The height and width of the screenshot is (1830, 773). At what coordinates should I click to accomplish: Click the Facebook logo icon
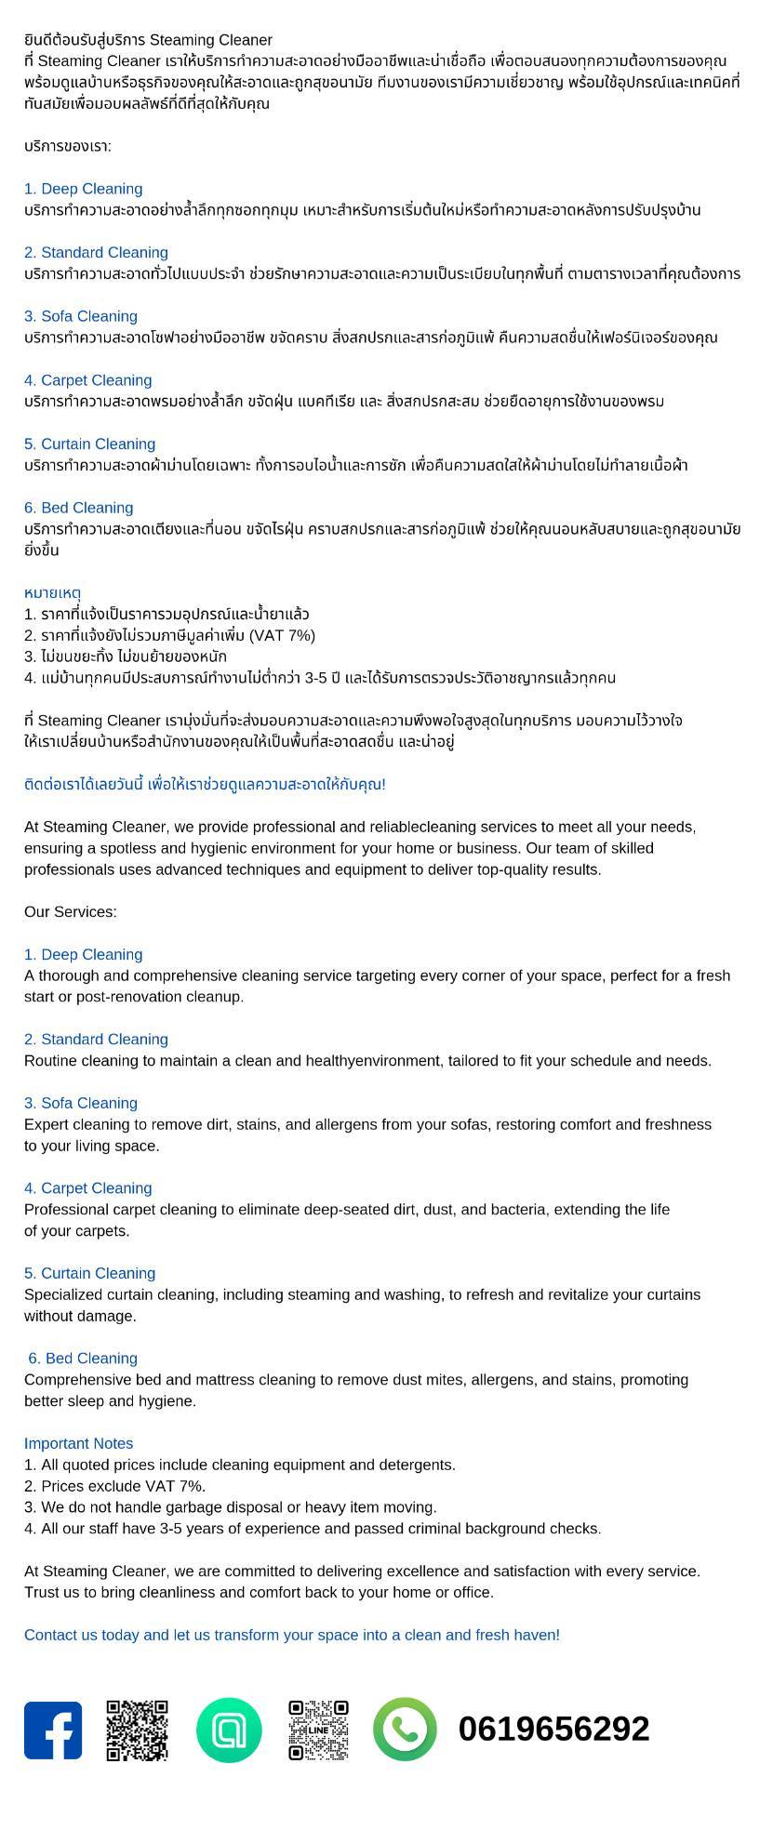[x=53, y=1730]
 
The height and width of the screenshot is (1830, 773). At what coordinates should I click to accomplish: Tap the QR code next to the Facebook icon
[x=137, y=1730]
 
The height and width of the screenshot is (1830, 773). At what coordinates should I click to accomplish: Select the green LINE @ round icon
[x=229, y=1730]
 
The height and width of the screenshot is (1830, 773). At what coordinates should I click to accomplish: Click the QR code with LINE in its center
[x=318, y=1730]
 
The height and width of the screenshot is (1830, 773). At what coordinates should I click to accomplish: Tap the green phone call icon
[x=405, y=1730]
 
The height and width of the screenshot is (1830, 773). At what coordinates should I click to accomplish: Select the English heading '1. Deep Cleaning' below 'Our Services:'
[x=84, y=954]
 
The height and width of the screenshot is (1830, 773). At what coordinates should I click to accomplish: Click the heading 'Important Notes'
[x=79, y=1443]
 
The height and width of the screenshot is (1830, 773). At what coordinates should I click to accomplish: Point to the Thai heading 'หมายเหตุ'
[x=53, y=592]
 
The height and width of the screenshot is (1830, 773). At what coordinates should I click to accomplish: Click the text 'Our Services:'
[x=71, y=911]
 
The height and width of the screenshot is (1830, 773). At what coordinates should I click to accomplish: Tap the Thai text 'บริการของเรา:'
[x=68, y=146]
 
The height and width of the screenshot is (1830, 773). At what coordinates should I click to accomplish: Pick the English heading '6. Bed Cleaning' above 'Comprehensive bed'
[x=83, y=1359]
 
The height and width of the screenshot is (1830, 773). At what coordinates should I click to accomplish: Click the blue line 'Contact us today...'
[x=292, y=1635]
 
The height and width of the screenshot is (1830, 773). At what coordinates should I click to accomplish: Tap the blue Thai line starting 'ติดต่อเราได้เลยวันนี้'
[x=205, y=784]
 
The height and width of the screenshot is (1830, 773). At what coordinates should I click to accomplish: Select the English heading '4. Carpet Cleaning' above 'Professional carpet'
[x=88, y=1188]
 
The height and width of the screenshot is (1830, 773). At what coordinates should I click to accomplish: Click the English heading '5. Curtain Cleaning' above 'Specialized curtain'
[x=90, y=1273]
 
